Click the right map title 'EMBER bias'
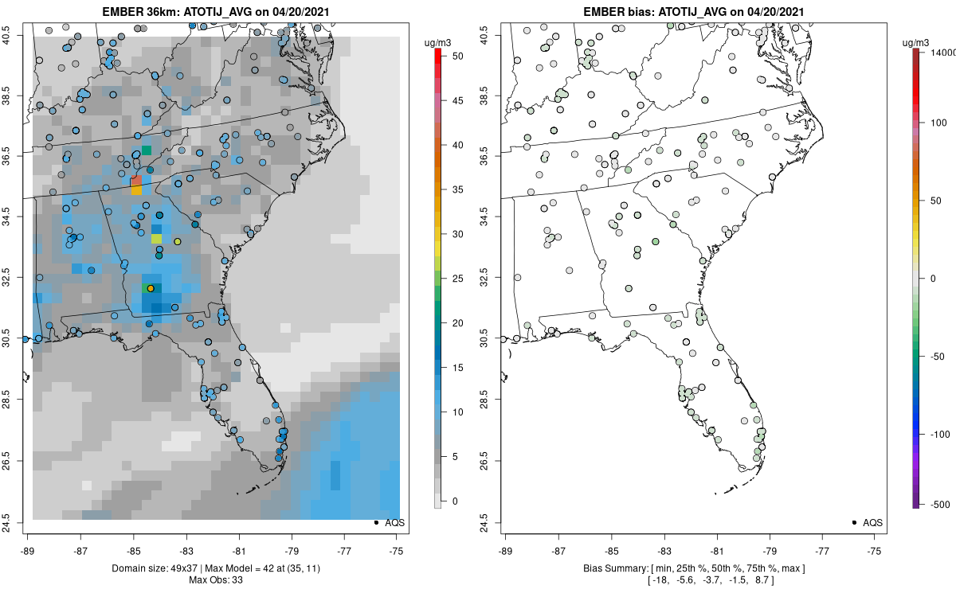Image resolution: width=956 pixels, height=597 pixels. tap(645, 11)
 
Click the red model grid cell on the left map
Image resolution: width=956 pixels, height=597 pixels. tap(135, 181)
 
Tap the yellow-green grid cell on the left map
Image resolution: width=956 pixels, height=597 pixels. tap(156, 238)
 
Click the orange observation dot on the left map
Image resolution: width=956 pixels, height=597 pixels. tap(150, 288)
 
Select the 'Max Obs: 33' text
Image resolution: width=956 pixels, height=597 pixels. tap(216, 579)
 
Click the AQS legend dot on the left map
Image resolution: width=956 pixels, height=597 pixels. tap(375, 522)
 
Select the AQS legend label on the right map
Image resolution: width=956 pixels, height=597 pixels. tap(873, 522)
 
